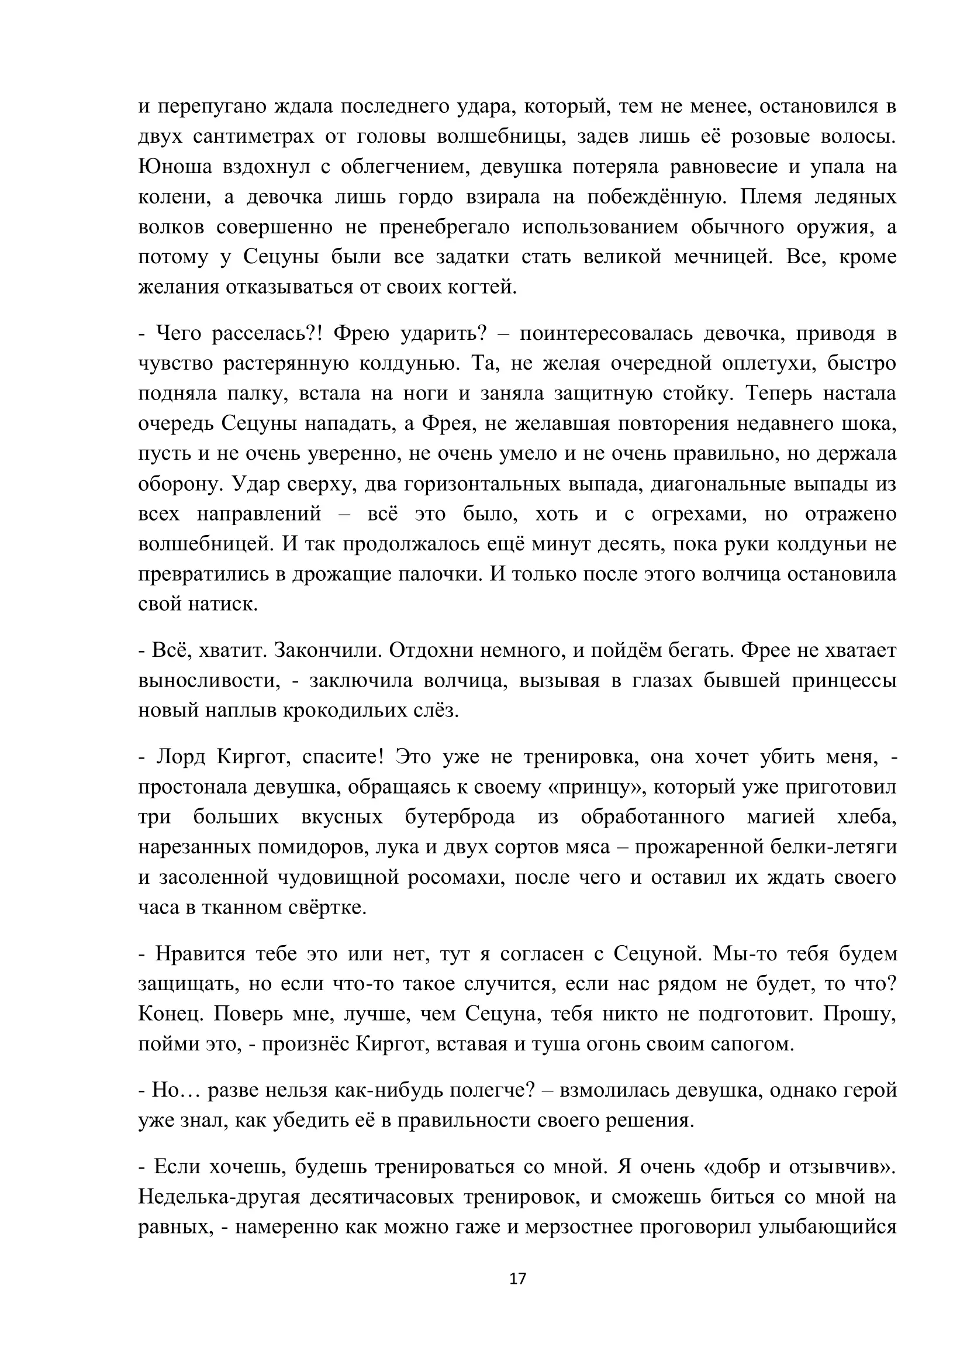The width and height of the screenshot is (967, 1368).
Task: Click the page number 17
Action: pos(517,1279)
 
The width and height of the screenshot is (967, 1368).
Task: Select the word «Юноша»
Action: pos(174,167)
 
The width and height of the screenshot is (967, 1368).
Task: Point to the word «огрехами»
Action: pos(699,514)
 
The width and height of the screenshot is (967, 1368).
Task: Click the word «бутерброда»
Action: pos(460,817)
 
